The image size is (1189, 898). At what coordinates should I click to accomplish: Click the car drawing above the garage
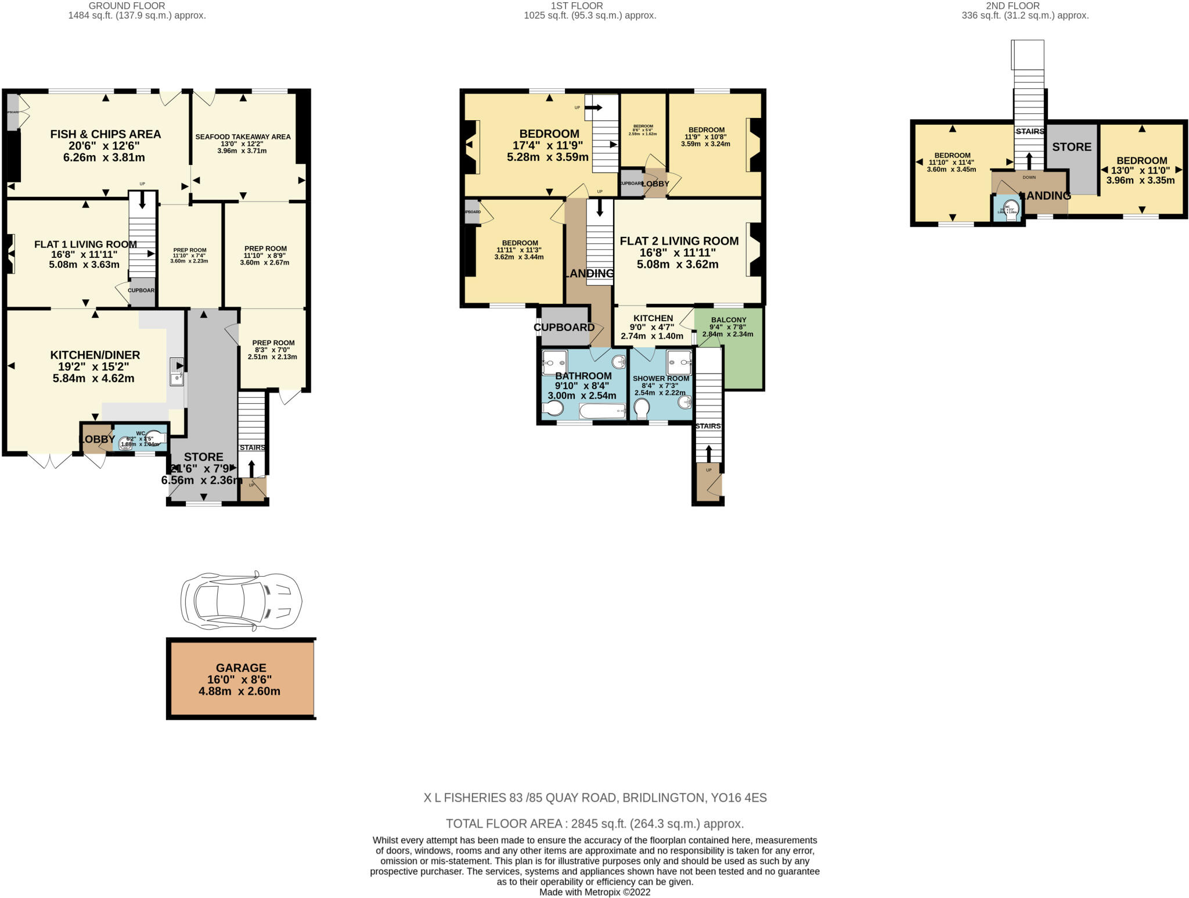coord(241,601)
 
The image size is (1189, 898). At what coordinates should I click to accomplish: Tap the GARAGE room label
coord(240,668)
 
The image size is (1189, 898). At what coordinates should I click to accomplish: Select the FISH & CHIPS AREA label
coord(105,134)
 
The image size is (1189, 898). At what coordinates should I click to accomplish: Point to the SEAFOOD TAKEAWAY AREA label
coord(243,137)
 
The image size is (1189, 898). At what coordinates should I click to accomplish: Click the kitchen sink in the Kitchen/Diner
coord(176,372)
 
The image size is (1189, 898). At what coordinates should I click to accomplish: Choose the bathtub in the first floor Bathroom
coord(602,411)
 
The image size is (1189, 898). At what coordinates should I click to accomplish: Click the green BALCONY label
coord(728,320)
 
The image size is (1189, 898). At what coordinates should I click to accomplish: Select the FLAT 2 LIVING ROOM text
coord(679,241)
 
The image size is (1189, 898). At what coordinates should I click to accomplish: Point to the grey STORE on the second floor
coord(1072,147)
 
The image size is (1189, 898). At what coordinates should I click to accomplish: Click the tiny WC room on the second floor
coord(1008,209)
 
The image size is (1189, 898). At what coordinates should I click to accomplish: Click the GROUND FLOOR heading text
coord(127,6)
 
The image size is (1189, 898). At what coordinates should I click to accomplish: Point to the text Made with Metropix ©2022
coord(594,892)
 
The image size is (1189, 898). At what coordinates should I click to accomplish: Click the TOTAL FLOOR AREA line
coord(594,824)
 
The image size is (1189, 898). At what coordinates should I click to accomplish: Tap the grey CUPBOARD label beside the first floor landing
coord(564,328)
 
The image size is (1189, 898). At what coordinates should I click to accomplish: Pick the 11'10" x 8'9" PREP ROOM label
coord(265,249)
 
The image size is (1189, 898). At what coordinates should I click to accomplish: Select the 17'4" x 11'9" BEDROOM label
coord(549,134)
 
